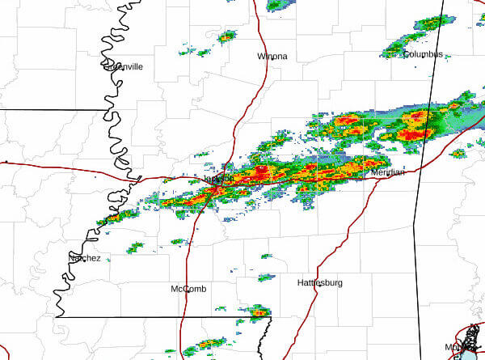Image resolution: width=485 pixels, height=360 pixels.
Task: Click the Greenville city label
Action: pos(124,67)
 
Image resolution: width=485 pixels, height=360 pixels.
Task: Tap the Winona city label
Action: pos(272,57)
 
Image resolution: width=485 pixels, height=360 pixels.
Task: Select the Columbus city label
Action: pos(423,54)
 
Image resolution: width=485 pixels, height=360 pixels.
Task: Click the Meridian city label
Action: pos(388,172)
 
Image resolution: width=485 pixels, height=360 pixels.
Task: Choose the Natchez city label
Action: pos(84,258)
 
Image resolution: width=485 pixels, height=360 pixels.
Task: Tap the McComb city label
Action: pos(190,289)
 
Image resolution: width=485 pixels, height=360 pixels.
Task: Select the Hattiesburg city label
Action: pos(320,283)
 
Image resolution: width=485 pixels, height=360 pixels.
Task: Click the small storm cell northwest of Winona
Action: pos(227,36)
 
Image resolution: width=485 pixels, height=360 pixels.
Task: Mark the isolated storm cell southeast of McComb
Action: pos(258,311)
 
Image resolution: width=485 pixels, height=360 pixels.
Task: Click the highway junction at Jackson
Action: pos(217,188)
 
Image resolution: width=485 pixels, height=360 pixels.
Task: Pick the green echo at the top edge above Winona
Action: pos(276,5)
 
